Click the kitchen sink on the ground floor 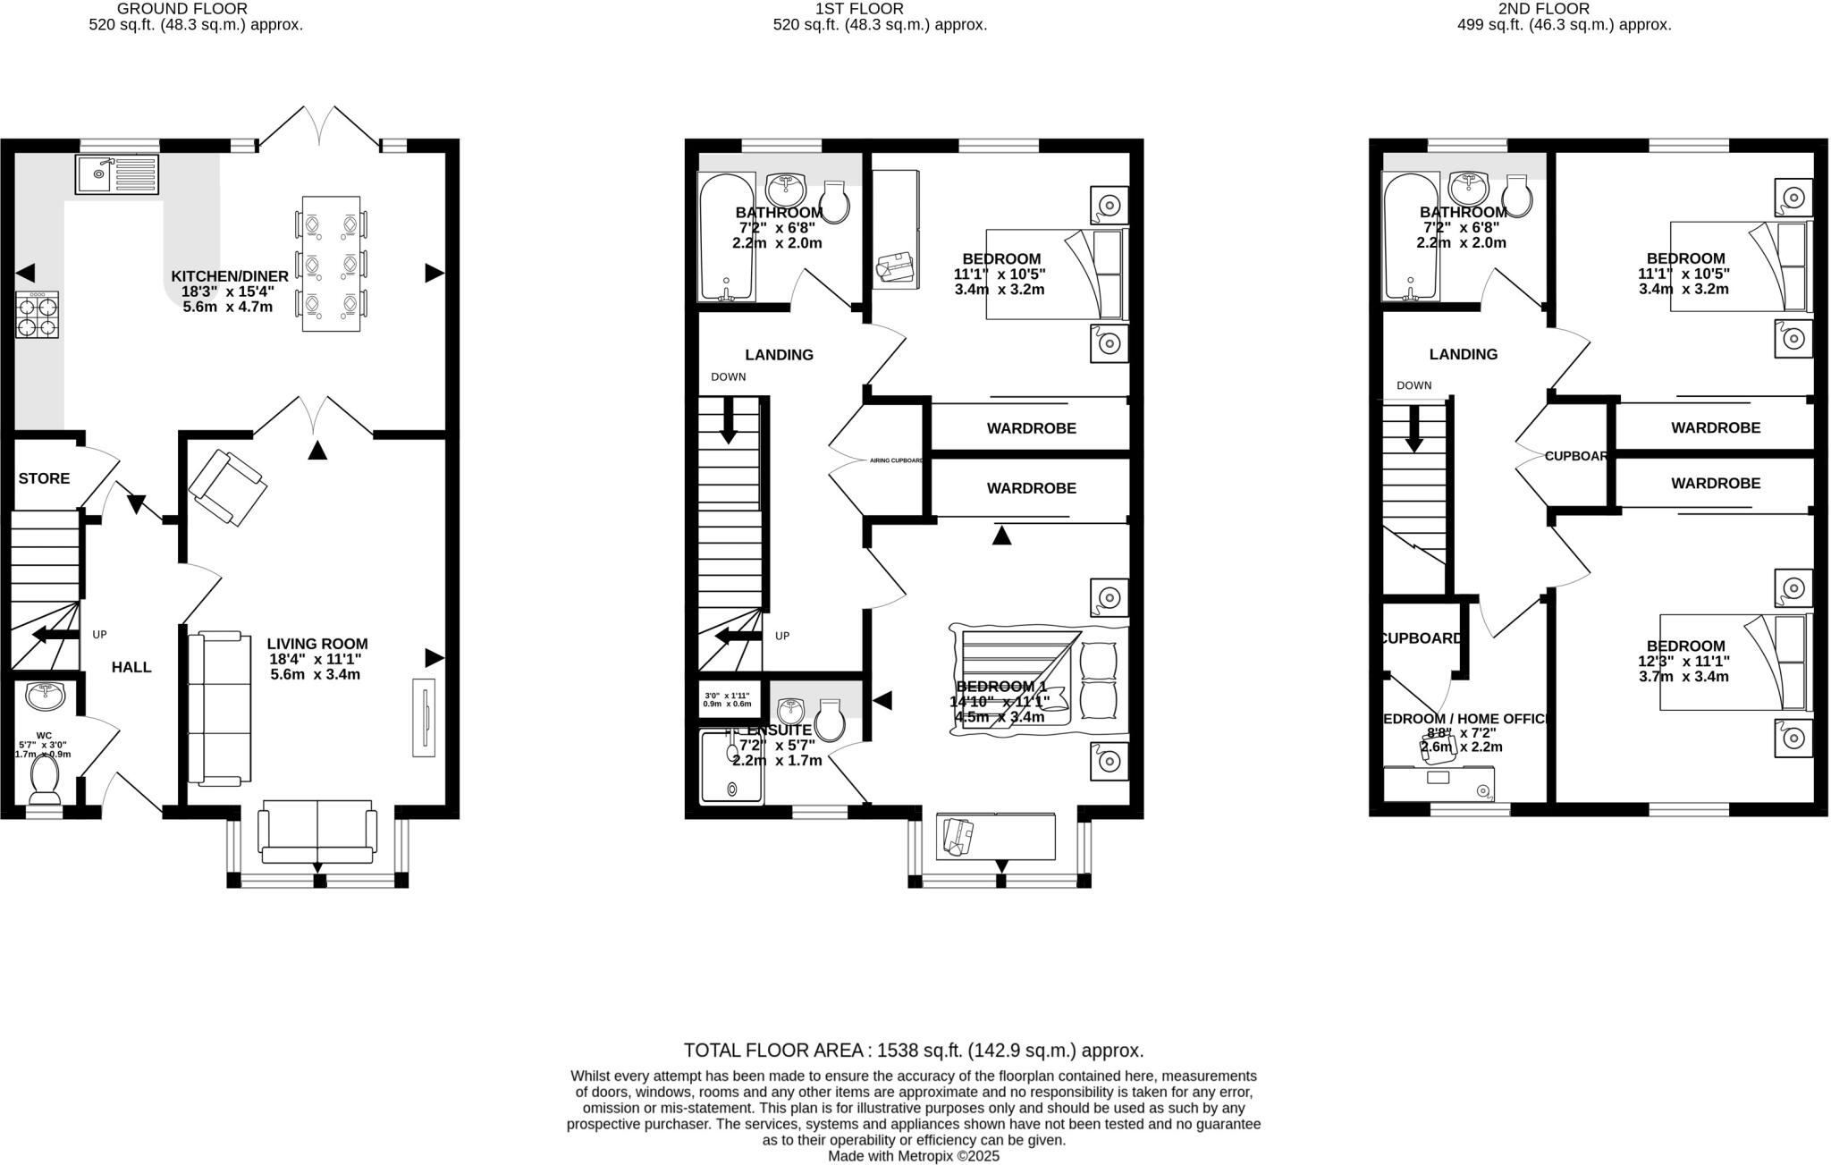point(116,174)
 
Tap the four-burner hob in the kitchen point(38,316)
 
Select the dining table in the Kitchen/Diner point(331,265)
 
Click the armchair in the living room point(228,488)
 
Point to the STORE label point(44,478)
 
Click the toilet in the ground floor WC point(45,779)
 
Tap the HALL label point(131,667)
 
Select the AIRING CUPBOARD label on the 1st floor point(896,460)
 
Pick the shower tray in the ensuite point(731,767)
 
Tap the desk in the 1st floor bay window point(996,836)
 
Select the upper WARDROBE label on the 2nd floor point(1715,428)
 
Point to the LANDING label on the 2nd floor point(1463,354)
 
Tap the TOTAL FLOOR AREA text point(913,1051)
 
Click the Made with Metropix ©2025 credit point(913,1156)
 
